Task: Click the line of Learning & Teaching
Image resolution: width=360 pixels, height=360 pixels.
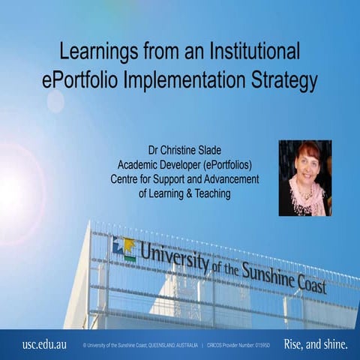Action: click(x=184, y=193)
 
